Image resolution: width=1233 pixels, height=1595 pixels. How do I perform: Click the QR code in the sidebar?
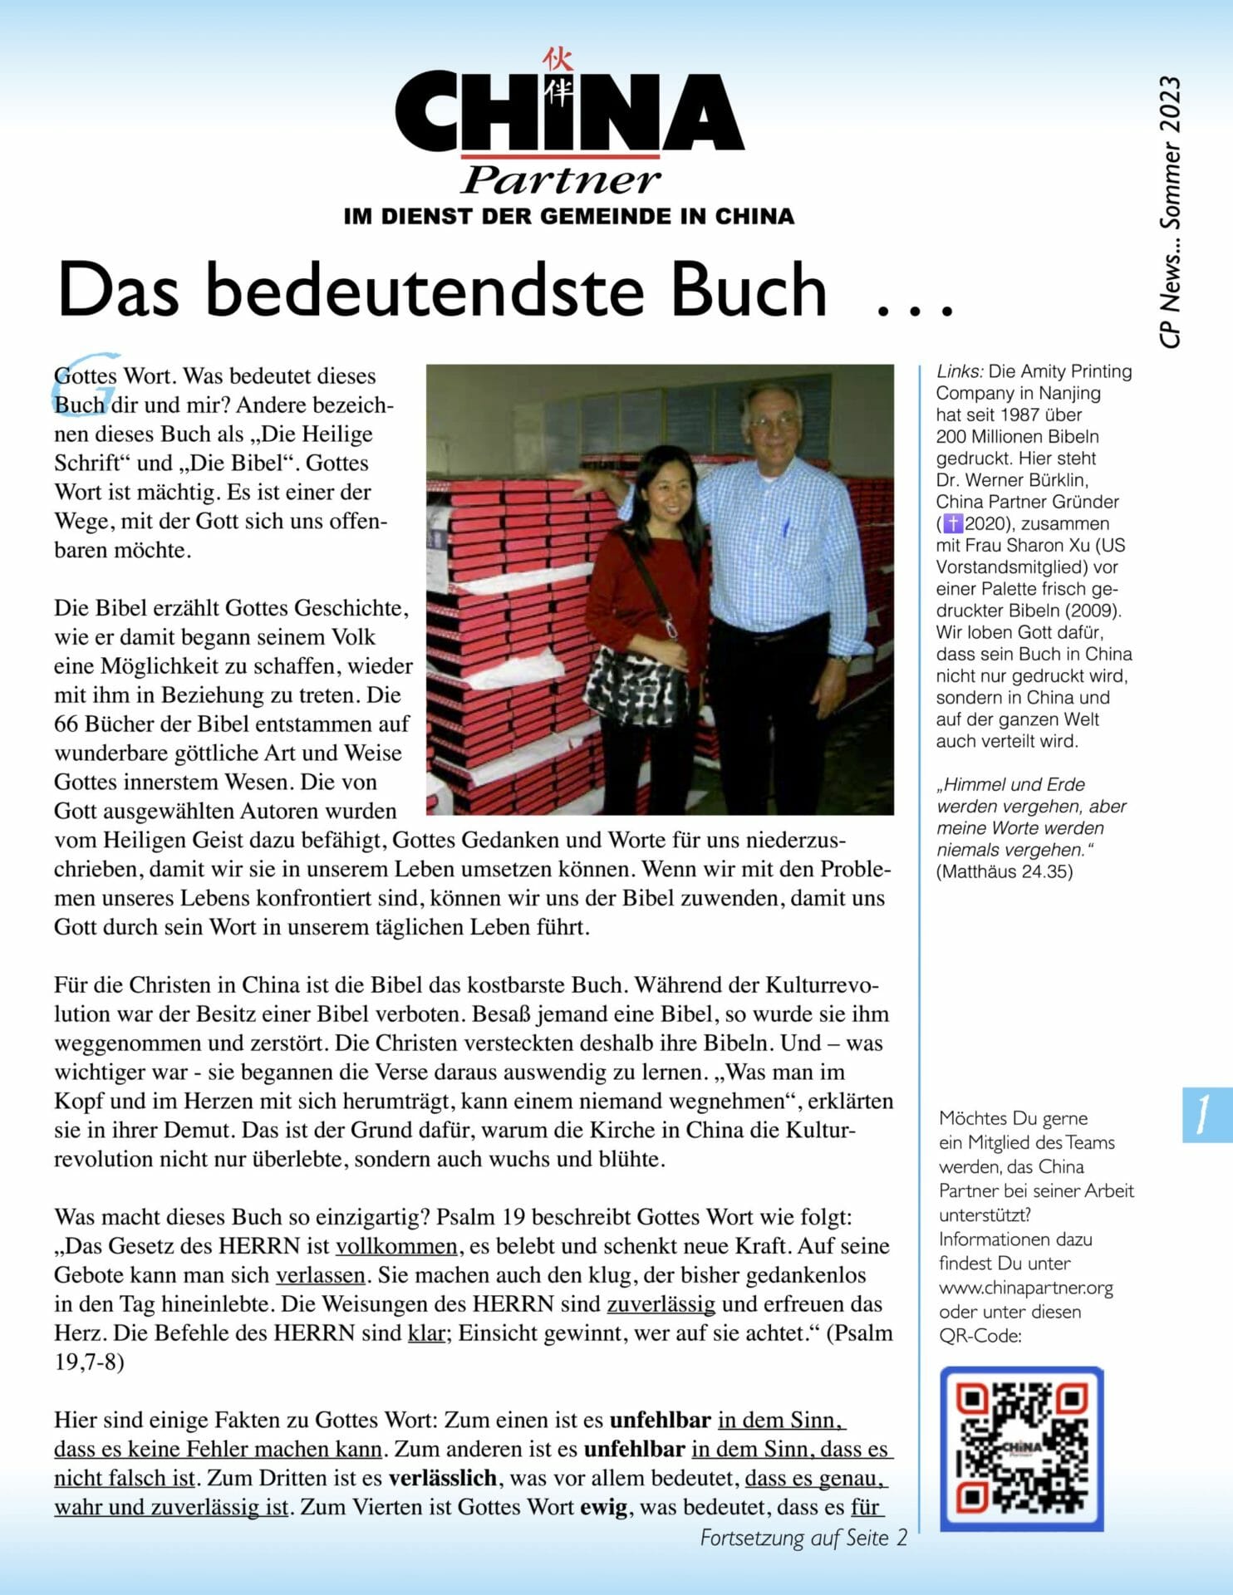tap(1021, 1448)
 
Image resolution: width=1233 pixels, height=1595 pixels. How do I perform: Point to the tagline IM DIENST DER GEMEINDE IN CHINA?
tap(568, 217)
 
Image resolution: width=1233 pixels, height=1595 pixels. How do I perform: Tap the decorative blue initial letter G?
tap(87, 382)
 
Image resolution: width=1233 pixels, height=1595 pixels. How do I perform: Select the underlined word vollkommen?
tap(396, 1246)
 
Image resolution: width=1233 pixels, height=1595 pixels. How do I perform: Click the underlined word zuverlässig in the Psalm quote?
tap(661, 1304)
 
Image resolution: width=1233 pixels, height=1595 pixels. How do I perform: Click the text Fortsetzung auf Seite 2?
tap(803, 1538)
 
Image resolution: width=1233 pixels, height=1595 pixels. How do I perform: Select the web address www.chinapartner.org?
tap(1025, 1288)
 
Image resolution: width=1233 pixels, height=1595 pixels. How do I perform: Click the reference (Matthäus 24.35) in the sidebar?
tap(1004, 871)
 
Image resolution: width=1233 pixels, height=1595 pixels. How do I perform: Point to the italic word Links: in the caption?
tap(960, 371)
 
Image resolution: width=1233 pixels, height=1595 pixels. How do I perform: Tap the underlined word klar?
tap(425, 1333)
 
